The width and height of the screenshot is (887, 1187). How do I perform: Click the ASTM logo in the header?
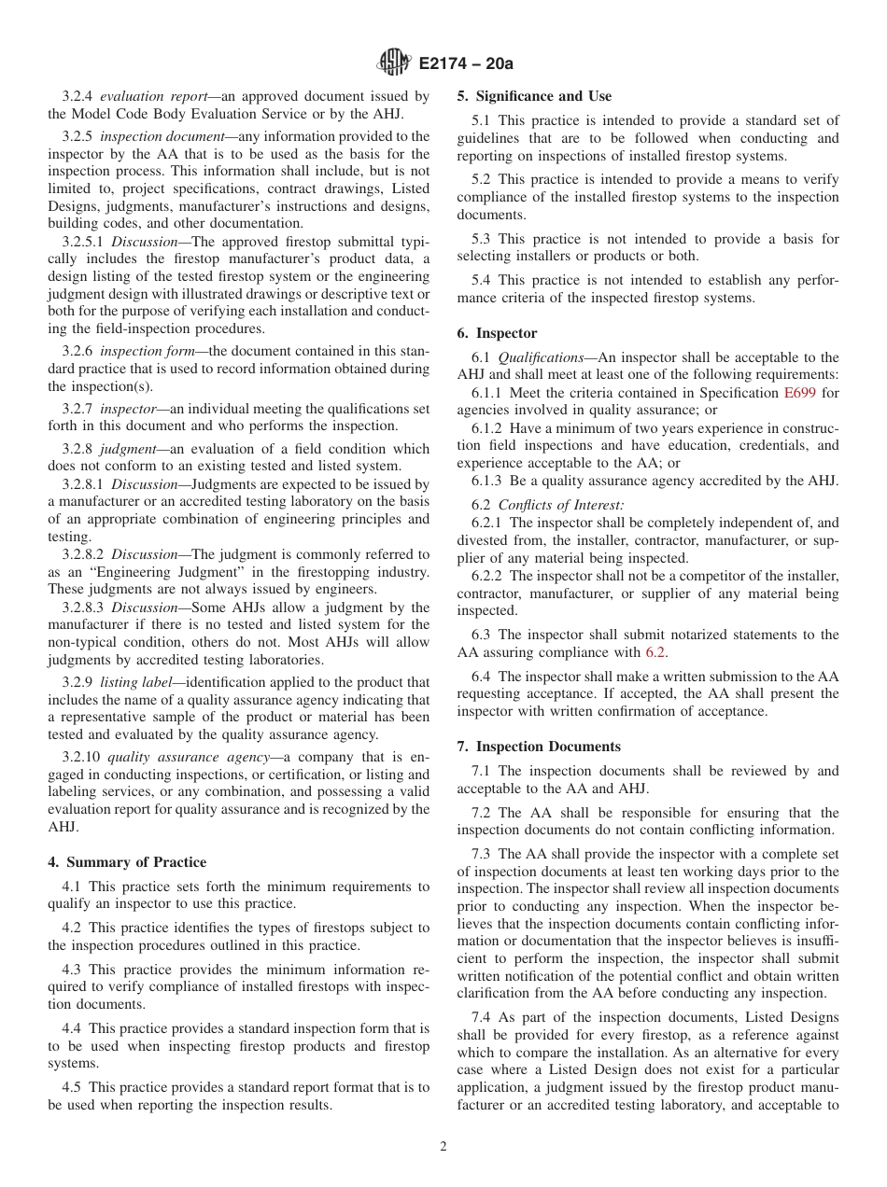pos(393,63)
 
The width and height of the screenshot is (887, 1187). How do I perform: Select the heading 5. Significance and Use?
pos(534,96)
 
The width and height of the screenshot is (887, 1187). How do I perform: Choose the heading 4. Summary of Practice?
pos(127,861)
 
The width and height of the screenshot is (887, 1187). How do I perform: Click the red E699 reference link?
pos(799,393)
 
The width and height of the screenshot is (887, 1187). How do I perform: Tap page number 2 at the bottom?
pos(443,1147)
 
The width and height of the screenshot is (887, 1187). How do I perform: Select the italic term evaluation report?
pos(147,96)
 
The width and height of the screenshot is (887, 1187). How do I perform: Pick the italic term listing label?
pos(134,682)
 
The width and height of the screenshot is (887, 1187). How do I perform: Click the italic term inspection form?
pos(146,352)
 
